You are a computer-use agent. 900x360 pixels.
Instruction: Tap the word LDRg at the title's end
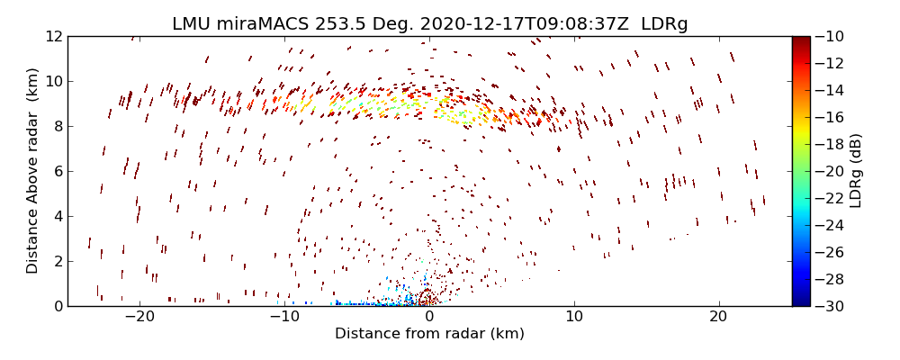click(x=664, y=24)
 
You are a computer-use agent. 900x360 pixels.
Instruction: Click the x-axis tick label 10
click(x=573, y=317)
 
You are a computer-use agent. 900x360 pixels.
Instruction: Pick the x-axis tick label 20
click(x=717, y=317)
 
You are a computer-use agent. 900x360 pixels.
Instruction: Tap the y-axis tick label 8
click(x=56, y=127)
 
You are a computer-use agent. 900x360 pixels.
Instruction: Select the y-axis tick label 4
click(x=56, y=216)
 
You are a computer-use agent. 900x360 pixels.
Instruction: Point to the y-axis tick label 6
click(x=56, y=172)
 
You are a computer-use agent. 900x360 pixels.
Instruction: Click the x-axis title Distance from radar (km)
click(x=429, y=334)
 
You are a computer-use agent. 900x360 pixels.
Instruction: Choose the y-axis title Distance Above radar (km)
click(x=33, y=171)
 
